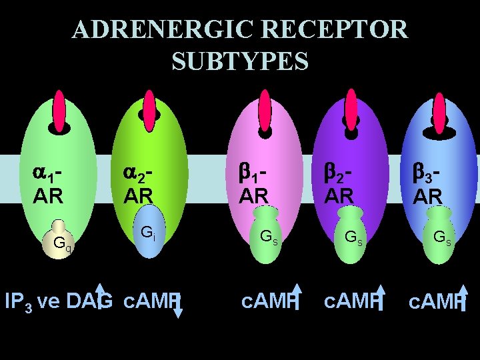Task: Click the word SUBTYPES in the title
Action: click(240, 61)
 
